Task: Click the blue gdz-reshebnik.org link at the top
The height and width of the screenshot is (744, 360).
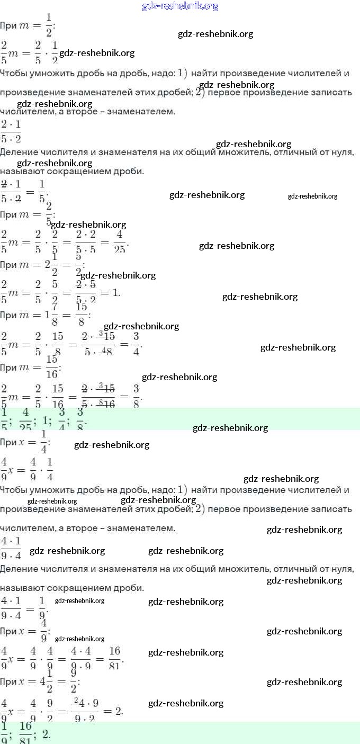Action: tap(180, 6)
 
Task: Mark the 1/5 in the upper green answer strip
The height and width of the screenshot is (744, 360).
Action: tap(4, 418)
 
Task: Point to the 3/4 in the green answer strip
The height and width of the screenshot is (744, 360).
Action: tap(62, 418)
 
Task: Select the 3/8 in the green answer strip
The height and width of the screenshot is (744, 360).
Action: tap(80, 418)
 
